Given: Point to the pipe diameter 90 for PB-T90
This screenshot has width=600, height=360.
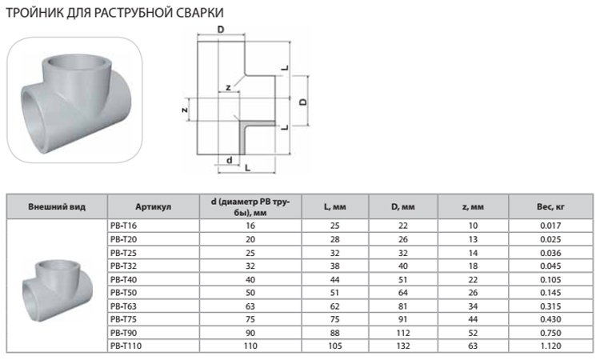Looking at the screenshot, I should click(249, 332).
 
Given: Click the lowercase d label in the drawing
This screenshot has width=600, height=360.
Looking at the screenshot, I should click(230, 160).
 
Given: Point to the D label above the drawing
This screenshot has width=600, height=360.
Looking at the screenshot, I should click(220, 29).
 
